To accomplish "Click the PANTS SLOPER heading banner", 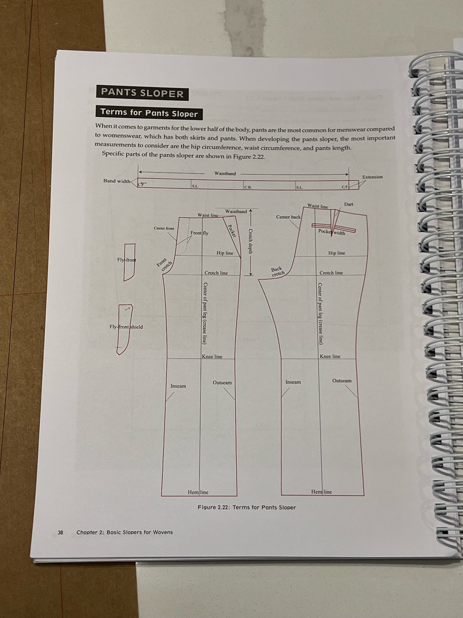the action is [x=142, y=93].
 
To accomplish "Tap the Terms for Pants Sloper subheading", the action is [x=149, y=113].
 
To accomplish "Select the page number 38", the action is [x=60, y=532].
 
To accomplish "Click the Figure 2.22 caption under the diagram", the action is [x=247, y=507].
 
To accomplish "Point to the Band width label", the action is [x=117, y=181].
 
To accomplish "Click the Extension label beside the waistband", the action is [x=372, y=177].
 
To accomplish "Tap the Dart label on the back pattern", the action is [x=348, y=204].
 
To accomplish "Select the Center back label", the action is [x=288, y=217].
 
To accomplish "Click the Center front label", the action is [x=164, y=228].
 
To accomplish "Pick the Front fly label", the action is [x=199, y=233].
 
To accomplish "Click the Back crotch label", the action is [x=277, y=272].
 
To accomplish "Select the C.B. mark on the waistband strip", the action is [x=248, y=187].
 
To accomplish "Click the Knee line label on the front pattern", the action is [x=212, y=357].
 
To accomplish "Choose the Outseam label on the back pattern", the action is [x=342, y=381].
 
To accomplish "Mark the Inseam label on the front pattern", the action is [x=178, y=386].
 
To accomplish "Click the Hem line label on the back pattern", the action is [x=321, y=492].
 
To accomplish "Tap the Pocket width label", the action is [x=332, y=232].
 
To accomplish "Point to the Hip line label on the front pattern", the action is [x=225, y=253].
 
